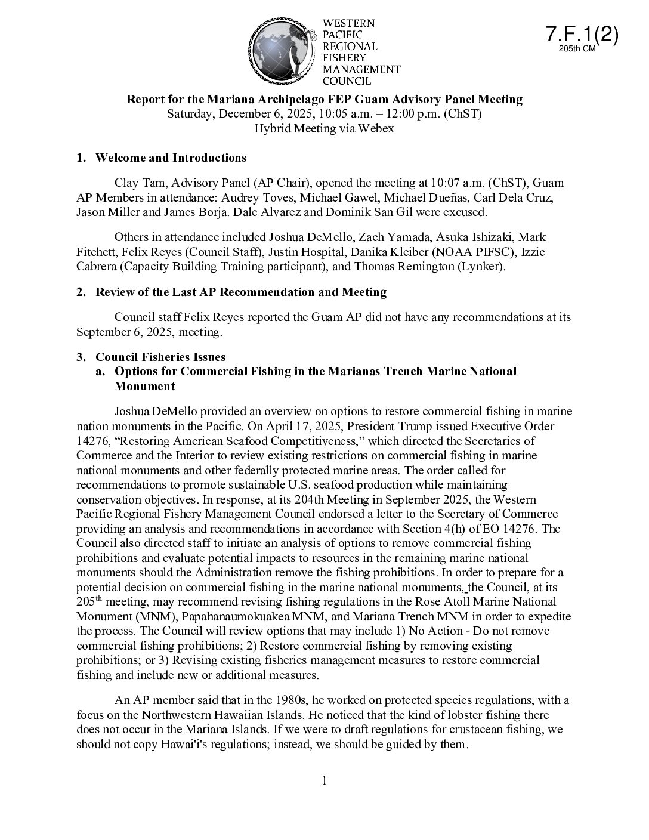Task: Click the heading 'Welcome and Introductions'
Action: pyautogui.click(x=171, y=158)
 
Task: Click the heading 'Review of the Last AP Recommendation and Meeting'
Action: pyautogui.click(x=241, y=292)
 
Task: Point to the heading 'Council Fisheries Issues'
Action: pyautogui.click(x=160, y=357)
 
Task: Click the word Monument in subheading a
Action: pyautogui.click(x=144, y=387)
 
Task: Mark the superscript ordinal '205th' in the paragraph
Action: pyautogui.click(x=88, y=601)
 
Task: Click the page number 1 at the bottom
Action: pyautogui.click(x=324, y=781)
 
